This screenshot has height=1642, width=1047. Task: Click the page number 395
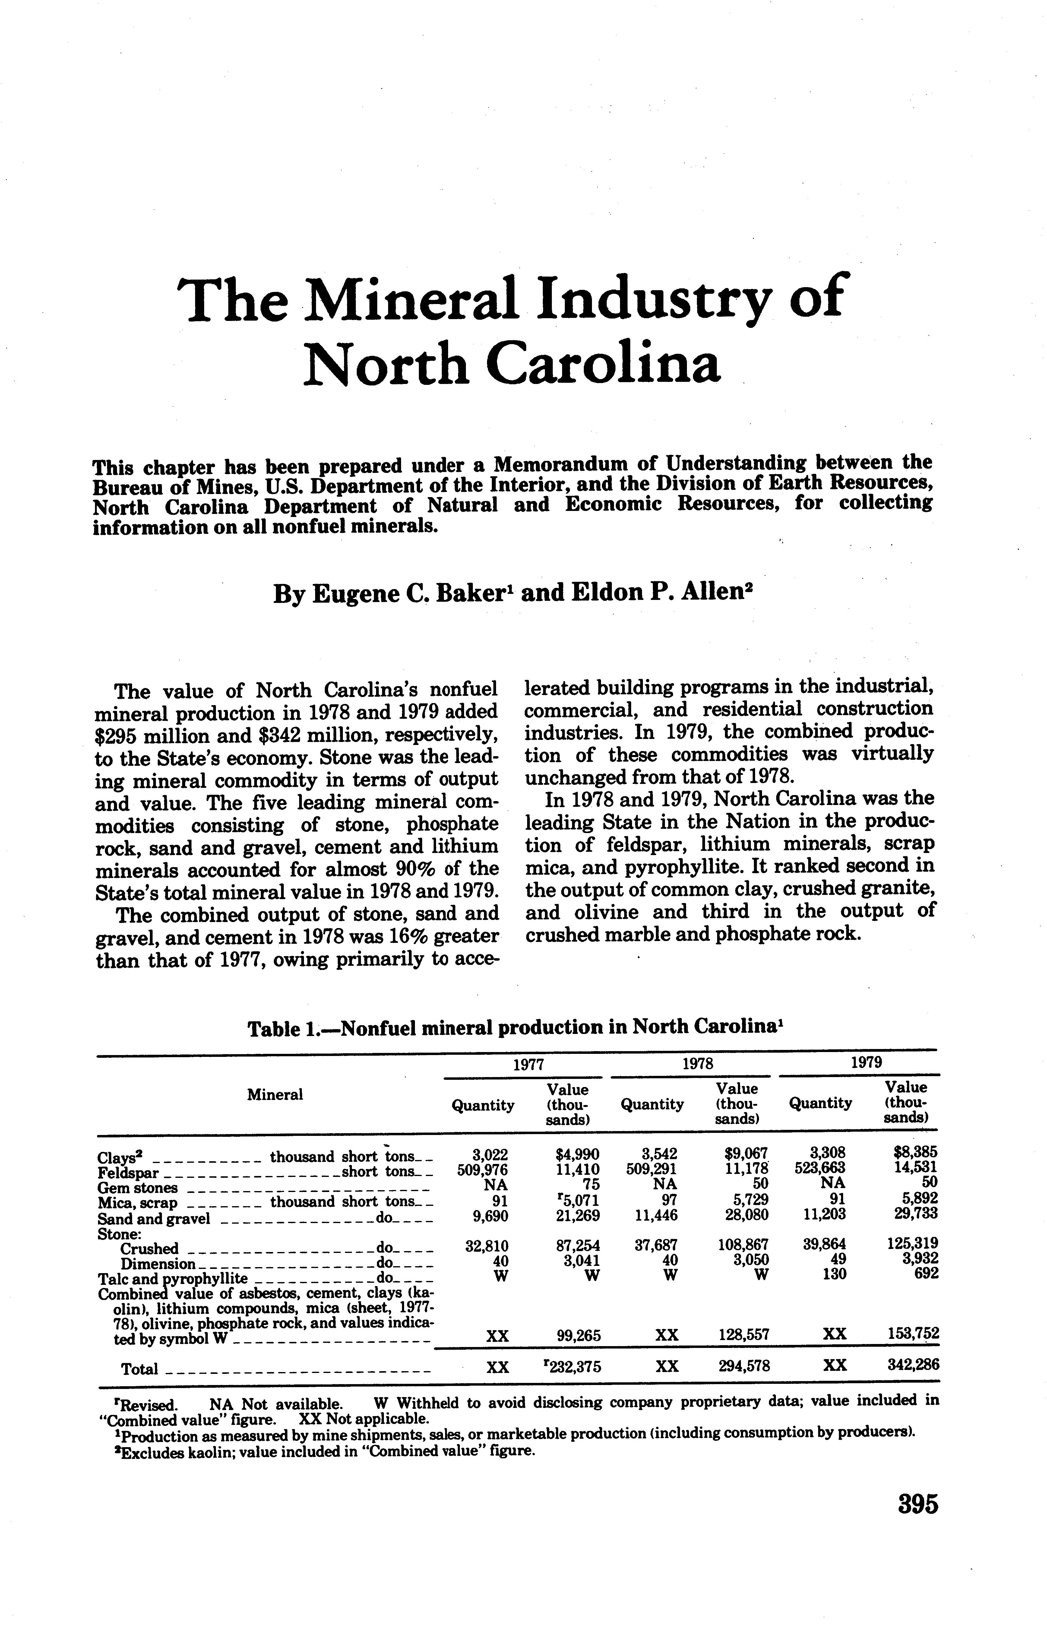click(918, 1504)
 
